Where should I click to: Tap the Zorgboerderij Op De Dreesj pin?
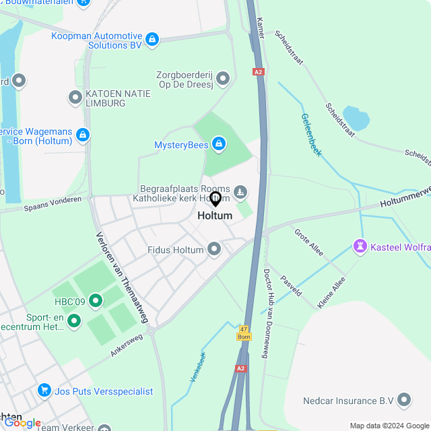[x=223, y=79]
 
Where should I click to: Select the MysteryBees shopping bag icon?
[x=218, y=144]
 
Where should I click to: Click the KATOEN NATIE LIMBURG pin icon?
[x=75, y=98]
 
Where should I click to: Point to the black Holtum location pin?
[x=215, y=199]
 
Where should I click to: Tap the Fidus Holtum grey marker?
[x=215, y=250]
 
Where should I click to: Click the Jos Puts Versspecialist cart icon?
[x=44, y=391]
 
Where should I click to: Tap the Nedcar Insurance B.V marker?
[x=405, y=400]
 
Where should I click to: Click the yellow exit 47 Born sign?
[x=244, y=332]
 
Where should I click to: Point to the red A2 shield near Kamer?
[x=259, y=71]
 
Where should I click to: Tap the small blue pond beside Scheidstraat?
[x=356, y=119]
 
